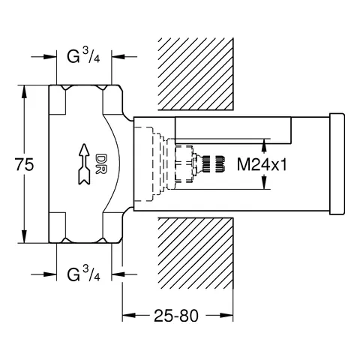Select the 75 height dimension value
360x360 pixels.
[x=24, y=165]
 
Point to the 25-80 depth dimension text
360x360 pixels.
[x=177, y=316]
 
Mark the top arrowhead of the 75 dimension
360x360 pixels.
[x=27, y=88]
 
